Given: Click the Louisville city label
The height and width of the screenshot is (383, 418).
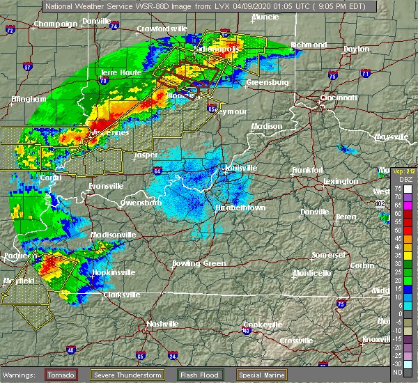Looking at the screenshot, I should coord(240,168).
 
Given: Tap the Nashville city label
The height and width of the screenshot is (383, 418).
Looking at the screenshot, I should coord(162,324).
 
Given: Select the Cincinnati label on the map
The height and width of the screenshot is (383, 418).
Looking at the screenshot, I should coord(340,97).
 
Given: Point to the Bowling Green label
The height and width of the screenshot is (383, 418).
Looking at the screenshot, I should coord(199,263).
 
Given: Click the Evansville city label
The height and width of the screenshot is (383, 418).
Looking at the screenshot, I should coord(107,186).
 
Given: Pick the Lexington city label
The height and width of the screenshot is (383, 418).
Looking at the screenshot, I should coord(341,181).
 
